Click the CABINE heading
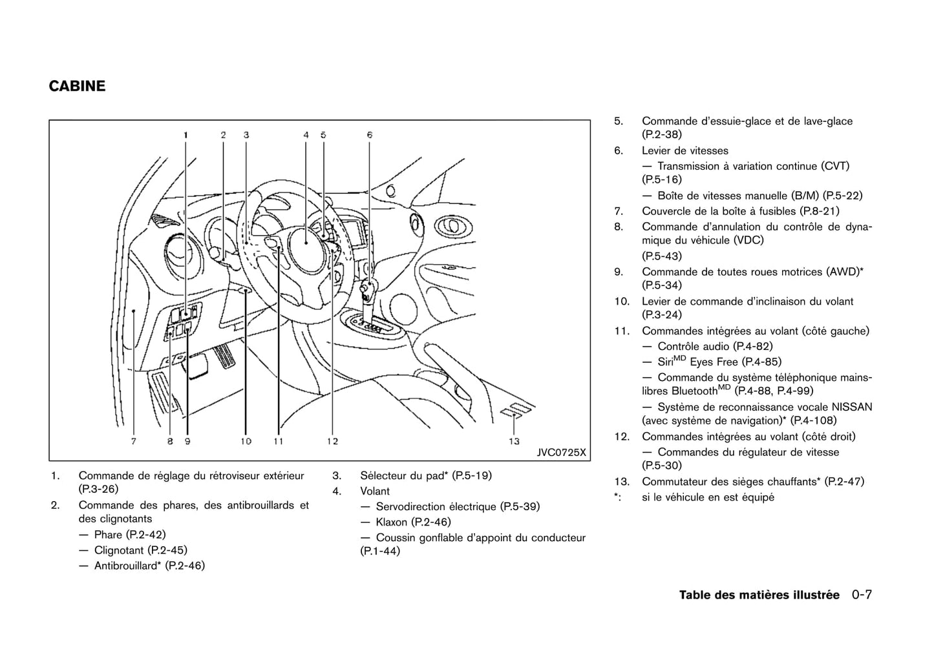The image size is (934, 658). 77,87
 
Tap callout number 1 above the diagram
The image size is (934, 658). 186,135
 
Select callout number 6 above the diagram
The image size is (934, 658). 370,135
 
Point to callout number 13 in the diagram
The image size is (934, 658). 514,441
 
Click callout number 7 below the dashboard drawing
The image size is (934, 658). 134,442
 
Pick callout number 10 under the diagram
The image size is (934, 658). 246,442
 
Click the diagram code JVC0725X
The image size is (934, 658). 561,452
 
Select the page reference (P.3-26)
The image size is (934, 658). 98,489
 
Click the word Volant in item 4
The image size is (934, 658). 375,491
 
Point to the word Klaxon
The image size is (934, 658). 392,522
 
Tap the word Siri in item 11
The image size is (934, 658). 665,362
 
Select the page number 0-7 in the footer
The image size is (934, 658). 862,595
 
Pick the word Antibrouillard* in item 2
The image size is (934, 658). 127,566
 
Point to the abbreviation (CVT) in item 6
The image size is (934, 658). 835,167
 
